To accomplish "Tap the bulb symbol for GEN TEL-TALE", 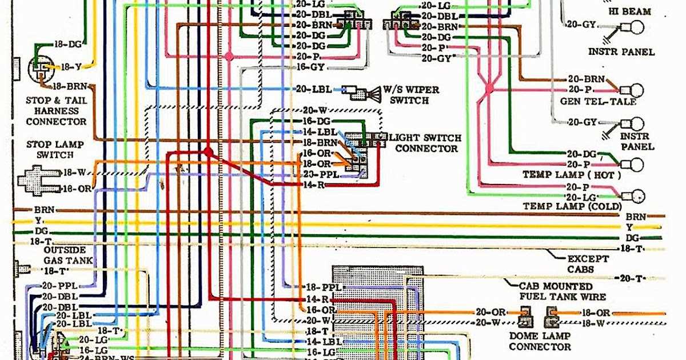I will [x=635, y=90].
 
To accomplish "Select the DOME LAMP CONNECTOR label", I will [x=539, y=341].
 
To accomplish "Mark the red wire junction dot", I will [x=208, y=152].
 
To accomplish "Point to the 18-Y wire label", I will [x=71, y=67].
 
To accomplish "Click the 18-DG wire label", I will [x=68, y=44].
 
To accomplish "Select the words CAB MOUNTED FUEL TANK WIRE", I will [x=562, y=291].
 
